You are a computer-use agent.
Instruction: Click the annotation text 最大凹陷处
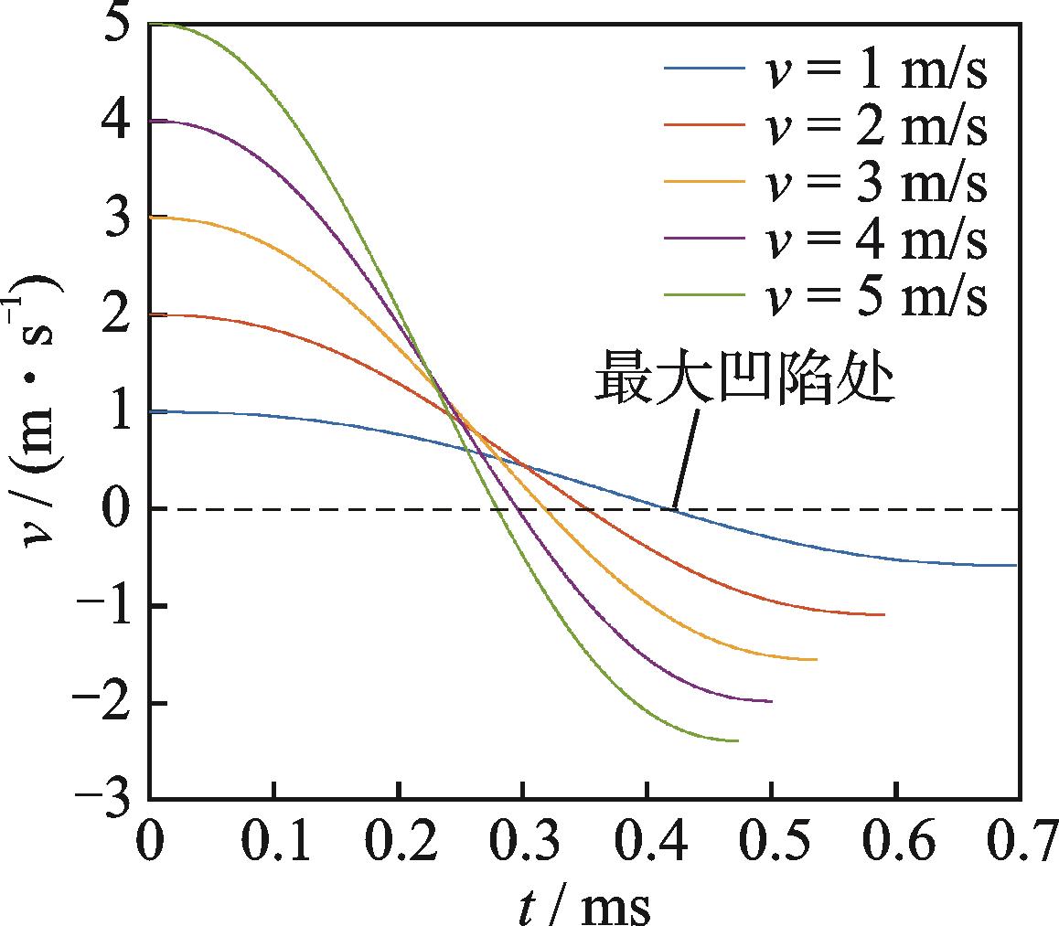pos(743,381)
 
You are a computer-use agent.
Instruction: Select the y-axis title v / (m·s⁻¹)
pos(41,411)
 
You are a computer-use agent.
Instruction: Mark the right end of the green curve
pos(737,740)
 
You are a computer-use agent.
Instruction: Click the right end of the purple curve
pos(771,701)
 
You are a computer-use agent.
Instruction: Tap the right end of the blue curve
pos(1015,565)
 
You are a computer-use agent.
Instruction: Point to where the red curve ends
pos(883,614)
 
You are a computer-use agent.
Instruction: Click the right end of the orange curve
pos(816,659)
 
